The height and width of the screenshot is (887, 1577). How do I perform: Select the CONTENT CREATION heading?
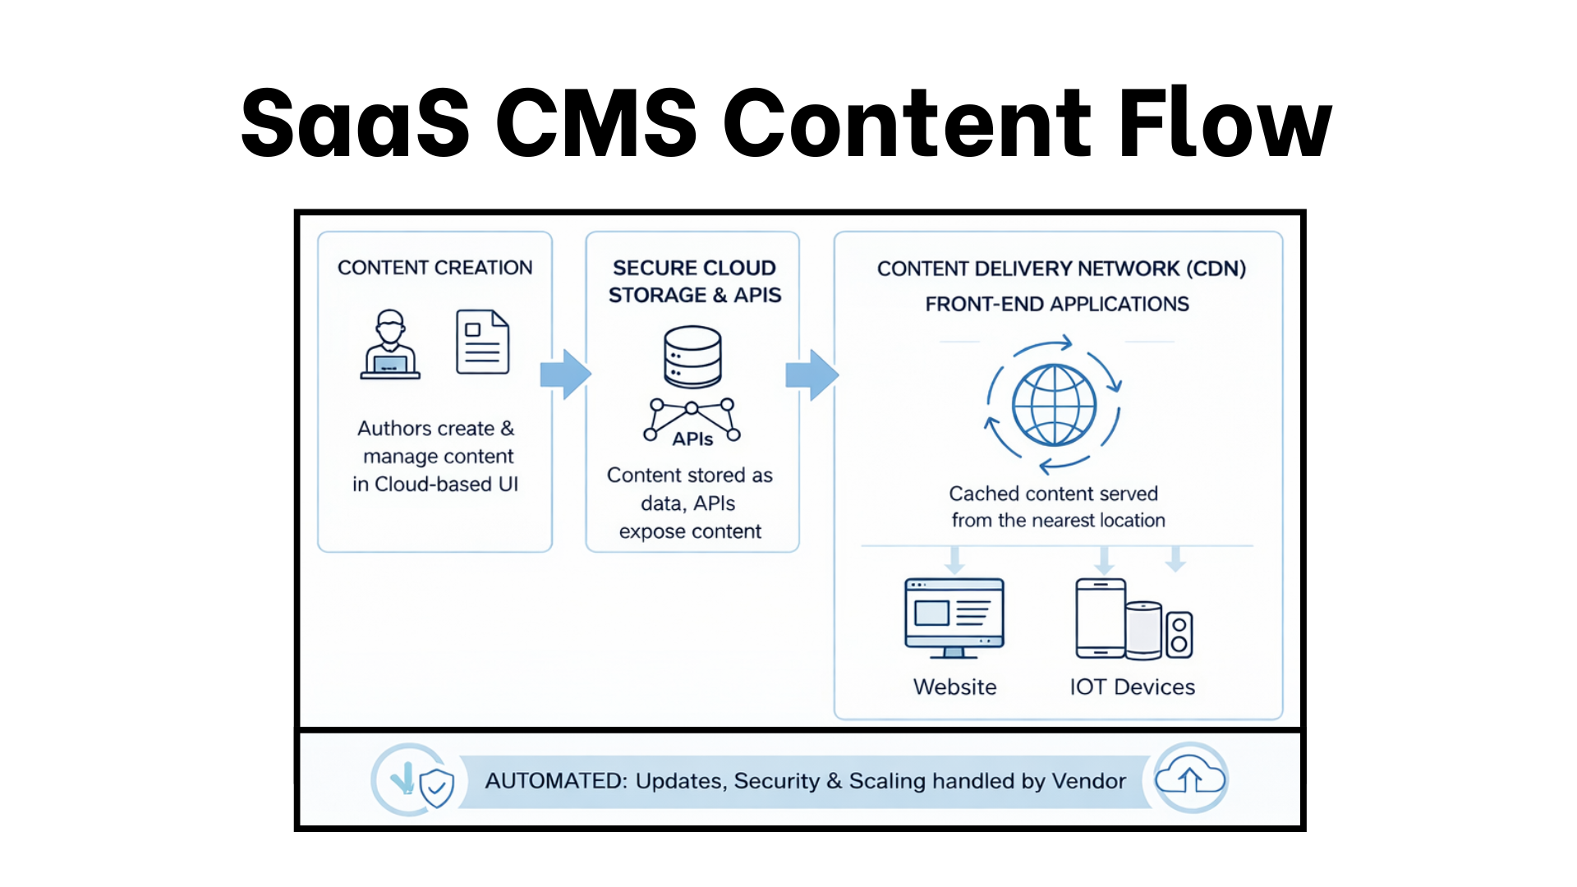click(434, 268)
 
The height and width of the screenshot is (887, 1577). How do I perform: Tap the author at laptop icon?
click(390, 345)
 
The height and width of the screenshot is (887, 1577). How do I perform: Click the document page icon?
click(483, 342)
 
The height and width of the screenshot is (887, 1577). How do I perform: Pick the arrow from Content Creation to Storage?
click(565, 375)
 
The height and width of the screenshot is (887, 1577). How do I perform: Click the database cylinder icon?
click(692, 356)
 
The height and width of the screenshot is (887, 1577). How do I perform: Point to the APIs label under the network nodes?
click(692, 439)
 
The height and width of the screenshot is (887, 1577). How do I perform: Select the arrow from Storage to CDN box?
click(811, 375)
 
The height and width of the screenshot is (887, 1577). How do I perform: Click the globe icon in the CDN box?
click(1054, 405)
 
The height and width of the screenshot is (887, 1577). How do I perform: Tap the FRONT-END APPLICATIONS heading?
click(1057, 305)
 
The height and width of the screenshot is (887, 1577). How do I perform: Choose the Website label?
click(954, 687)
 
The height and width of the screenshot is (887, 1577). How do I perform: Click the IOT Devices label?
click(1132, 687)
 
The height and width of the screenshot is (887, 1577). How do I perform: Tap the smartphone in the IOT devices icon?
click(1100, 618)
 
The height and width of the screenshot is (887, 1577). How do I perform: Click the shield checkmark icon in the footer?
click(436, 788)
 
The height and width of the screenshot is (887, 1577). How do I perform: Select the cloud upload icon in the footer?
click(1190, 778)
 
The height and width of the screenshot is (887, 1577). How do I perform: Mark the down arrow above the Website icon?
click(954, 560)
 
